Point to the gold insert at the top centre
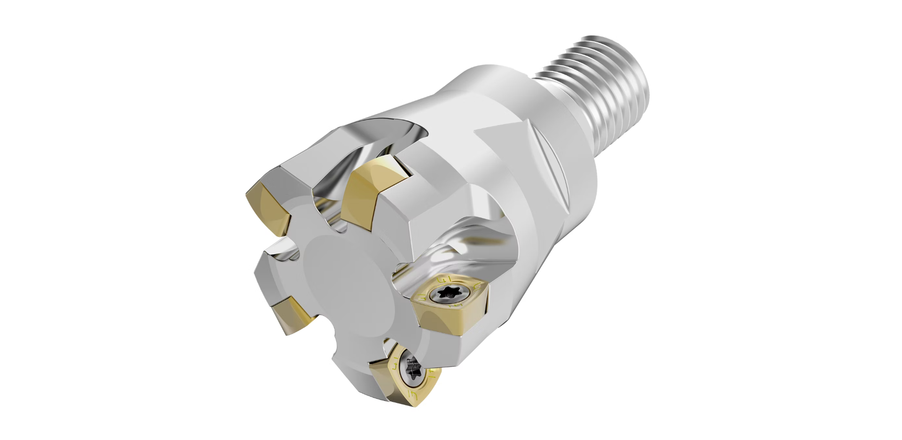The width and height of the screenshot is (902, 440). [x=371, y=188]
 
